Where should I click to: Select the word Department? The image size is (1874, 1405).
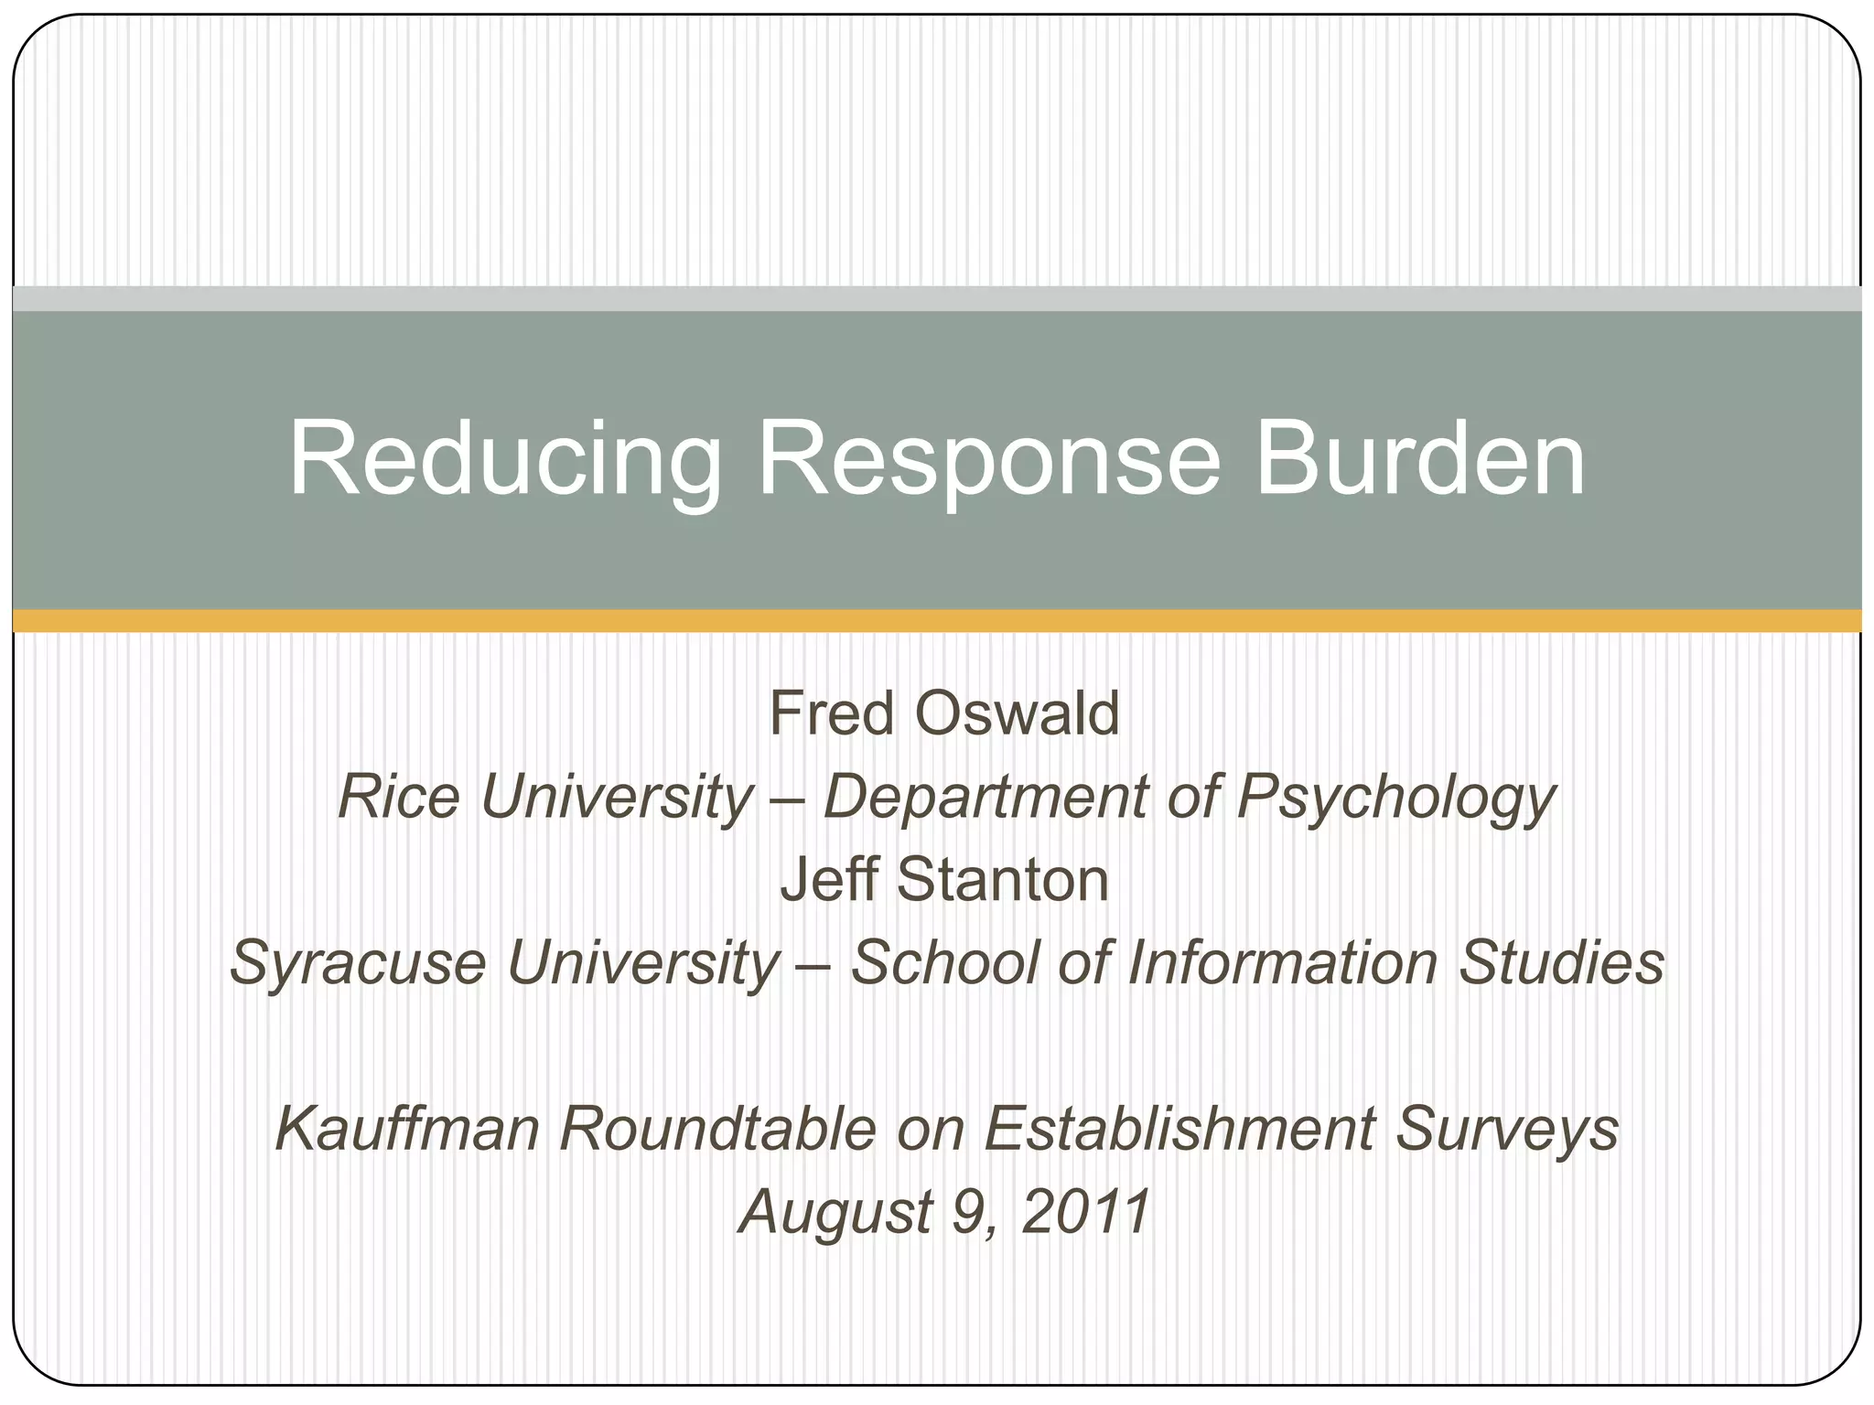click(985, 797)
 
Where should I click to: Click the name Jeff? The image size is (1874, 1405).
click(827, 880)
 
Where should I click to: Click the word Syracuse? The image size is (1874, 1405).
click(358, 963)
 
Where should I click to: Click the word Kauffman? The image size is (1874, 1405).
click(408, 1129)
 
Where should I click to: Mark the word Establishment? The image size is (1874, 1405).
click(1179, 1129)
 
